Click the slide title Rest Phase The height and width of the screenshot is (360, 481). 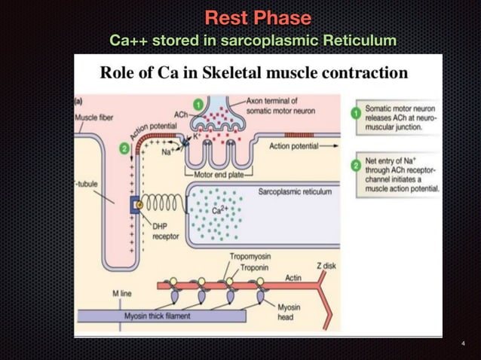pos(258,17)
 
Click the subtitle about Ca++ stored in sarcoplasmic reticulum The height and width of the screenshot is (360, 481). pos(253,39)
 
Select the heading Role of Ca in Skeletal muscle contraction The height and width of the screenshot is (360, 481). pos(254,73)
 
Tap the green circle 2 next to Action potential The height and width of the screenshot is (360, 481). pos(124,148)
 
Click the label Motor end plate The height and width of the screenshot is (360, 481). pos(219,175)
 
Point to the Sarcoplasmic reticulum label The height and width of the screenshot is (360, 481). pos(295,192)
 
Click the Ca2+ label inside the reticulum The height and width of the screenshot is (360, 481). pos(219,211)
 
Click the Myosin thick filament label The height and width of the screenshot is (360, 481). pos(158,316)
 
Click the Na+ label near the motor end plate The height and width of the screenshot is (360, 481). pos(169,152)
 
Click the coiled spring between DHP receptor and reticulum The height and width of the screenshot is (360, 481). pos(161,205)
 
